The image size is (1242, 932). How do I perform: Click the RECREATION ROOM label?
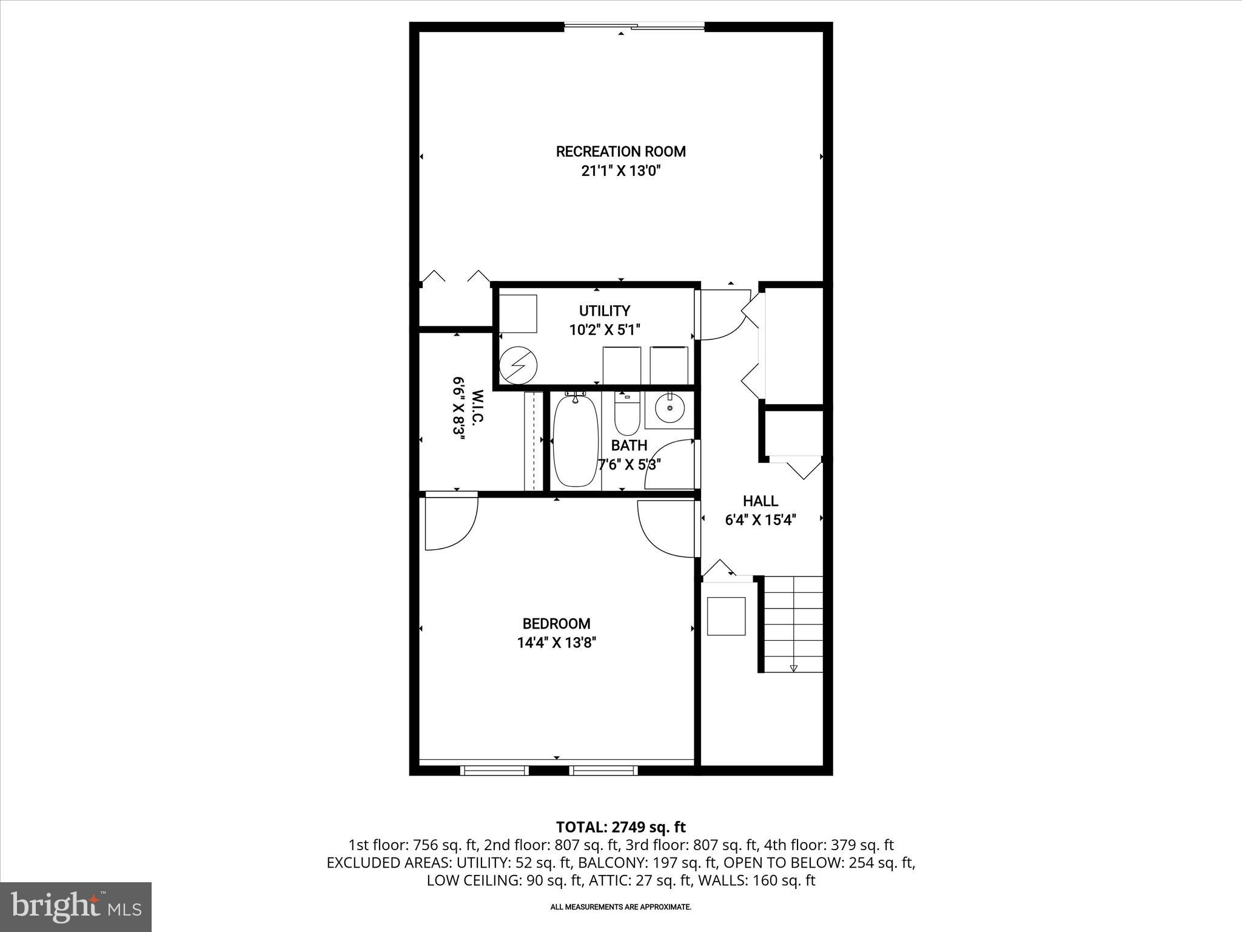click(x=620, y=152)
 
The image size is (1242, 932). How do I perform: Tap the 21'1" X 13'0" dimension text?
click(x=620, y=172)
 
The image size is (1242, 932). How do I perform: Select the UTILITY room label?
click(x=605, y=311)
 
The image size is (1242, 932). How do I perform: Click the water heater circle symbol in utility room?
click(x=519, y=365)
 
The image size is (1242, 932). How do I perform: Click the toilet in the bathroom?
click(x=627, y=413)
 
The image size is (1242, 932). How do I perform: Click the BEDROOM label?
click(x=556, y=624)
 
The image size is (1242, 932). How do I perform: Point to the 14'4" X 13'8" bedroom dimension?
click(x=556, y=643)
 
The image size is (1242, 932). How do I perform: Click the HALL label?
click(x=760, y=501)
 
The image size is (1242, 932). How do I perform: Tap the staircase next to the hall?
click(x=793, y=624)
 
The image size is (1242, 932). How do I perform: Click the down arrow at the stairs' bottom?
click(x=793, y=668)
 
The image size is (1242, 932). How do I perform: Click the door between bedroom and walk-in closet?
click(x=451, y=522)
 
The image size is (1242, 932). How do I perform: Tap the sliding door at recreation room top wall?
click(x=634, y=26)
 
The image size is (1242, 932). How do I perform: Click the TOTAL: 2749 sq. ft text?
click(x=620, y=827)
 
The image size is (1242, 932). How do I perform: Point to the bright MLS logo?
click(x=76, y=907)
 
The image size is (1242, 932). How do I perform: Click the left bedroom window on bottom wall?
click(x=494, y=771)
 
